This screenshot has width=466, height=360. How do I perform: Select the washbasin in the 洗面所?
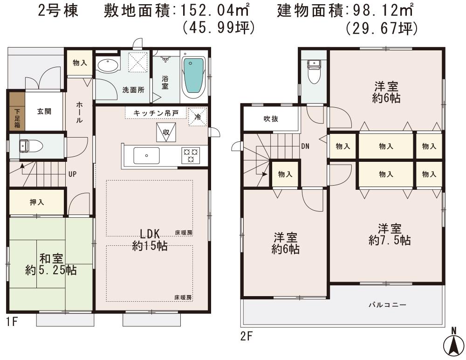tap(108, 65)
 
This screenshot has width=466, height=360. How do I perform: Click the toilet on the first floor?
tap(32, 146)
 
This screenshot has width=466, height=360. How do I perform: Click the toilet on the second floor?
tap(315, 71)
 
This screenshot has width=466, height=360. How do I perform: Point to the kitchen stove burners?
tap(190, 155)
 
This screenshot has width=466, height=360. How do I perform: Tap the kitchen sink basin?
tap(146, 155)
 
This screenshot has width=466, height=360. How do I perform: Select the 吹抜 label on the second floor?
tap(270, 119)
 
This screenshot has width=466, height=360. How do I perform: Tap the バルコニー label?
tap(387, 305)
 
